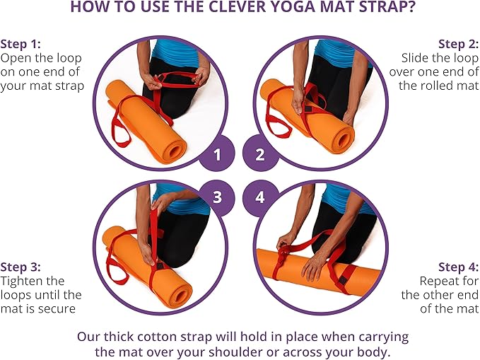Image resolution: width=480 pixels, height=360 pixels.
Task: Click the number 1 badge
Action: (218, 153)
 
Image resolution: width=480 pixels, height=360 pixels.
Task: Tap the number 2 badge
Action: (261, 153)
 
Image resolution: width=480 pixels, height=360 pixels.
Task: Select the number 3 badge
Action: (218, 196)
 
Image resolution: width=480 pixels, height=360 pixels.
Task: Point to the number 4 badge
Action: (261, 196)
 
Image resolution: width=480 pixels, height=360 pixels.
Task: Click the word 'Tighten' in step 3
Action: (22, 281)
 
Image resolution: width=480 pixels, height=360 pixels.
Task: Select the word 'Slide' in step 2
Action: (416, 57)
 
